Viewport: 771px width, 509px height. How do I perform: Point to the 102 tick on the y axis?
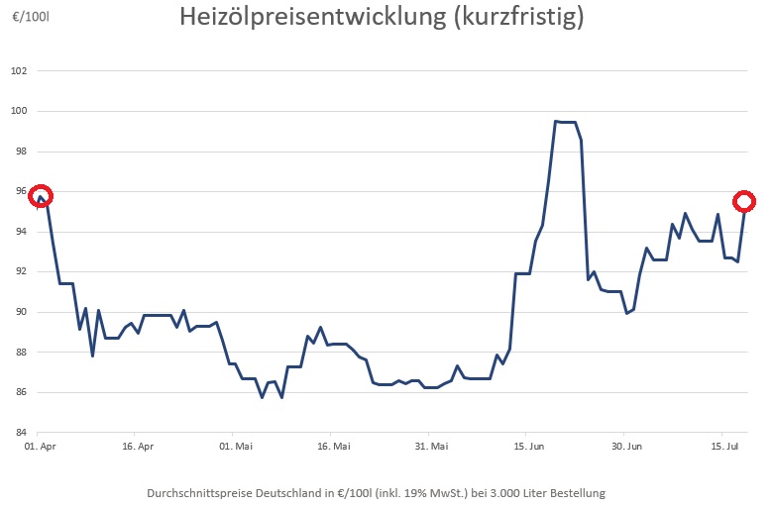[x=19, y=71]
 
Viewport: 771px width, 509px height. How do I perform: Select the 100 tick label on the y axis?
[x=19, y=111]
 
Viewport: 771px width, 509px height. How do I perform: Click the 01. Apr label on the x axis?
[x=37, y=446]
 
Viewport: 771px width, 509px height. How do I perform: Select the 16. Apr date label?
[x=137, y=446]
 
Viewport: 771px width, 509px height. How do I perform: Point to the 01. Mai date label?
[x=232, y=446]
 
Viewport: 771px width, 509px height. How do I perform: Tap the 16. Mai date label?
[x=333, y=446]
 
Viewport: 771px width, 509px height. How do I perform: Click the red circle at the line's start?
[x=41, y=196]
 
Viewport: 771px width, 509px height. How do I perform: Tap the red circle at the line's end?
[x=744, y=201]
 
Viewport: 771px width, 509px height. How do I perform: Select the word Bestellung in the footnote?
[x=575, y=492]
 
